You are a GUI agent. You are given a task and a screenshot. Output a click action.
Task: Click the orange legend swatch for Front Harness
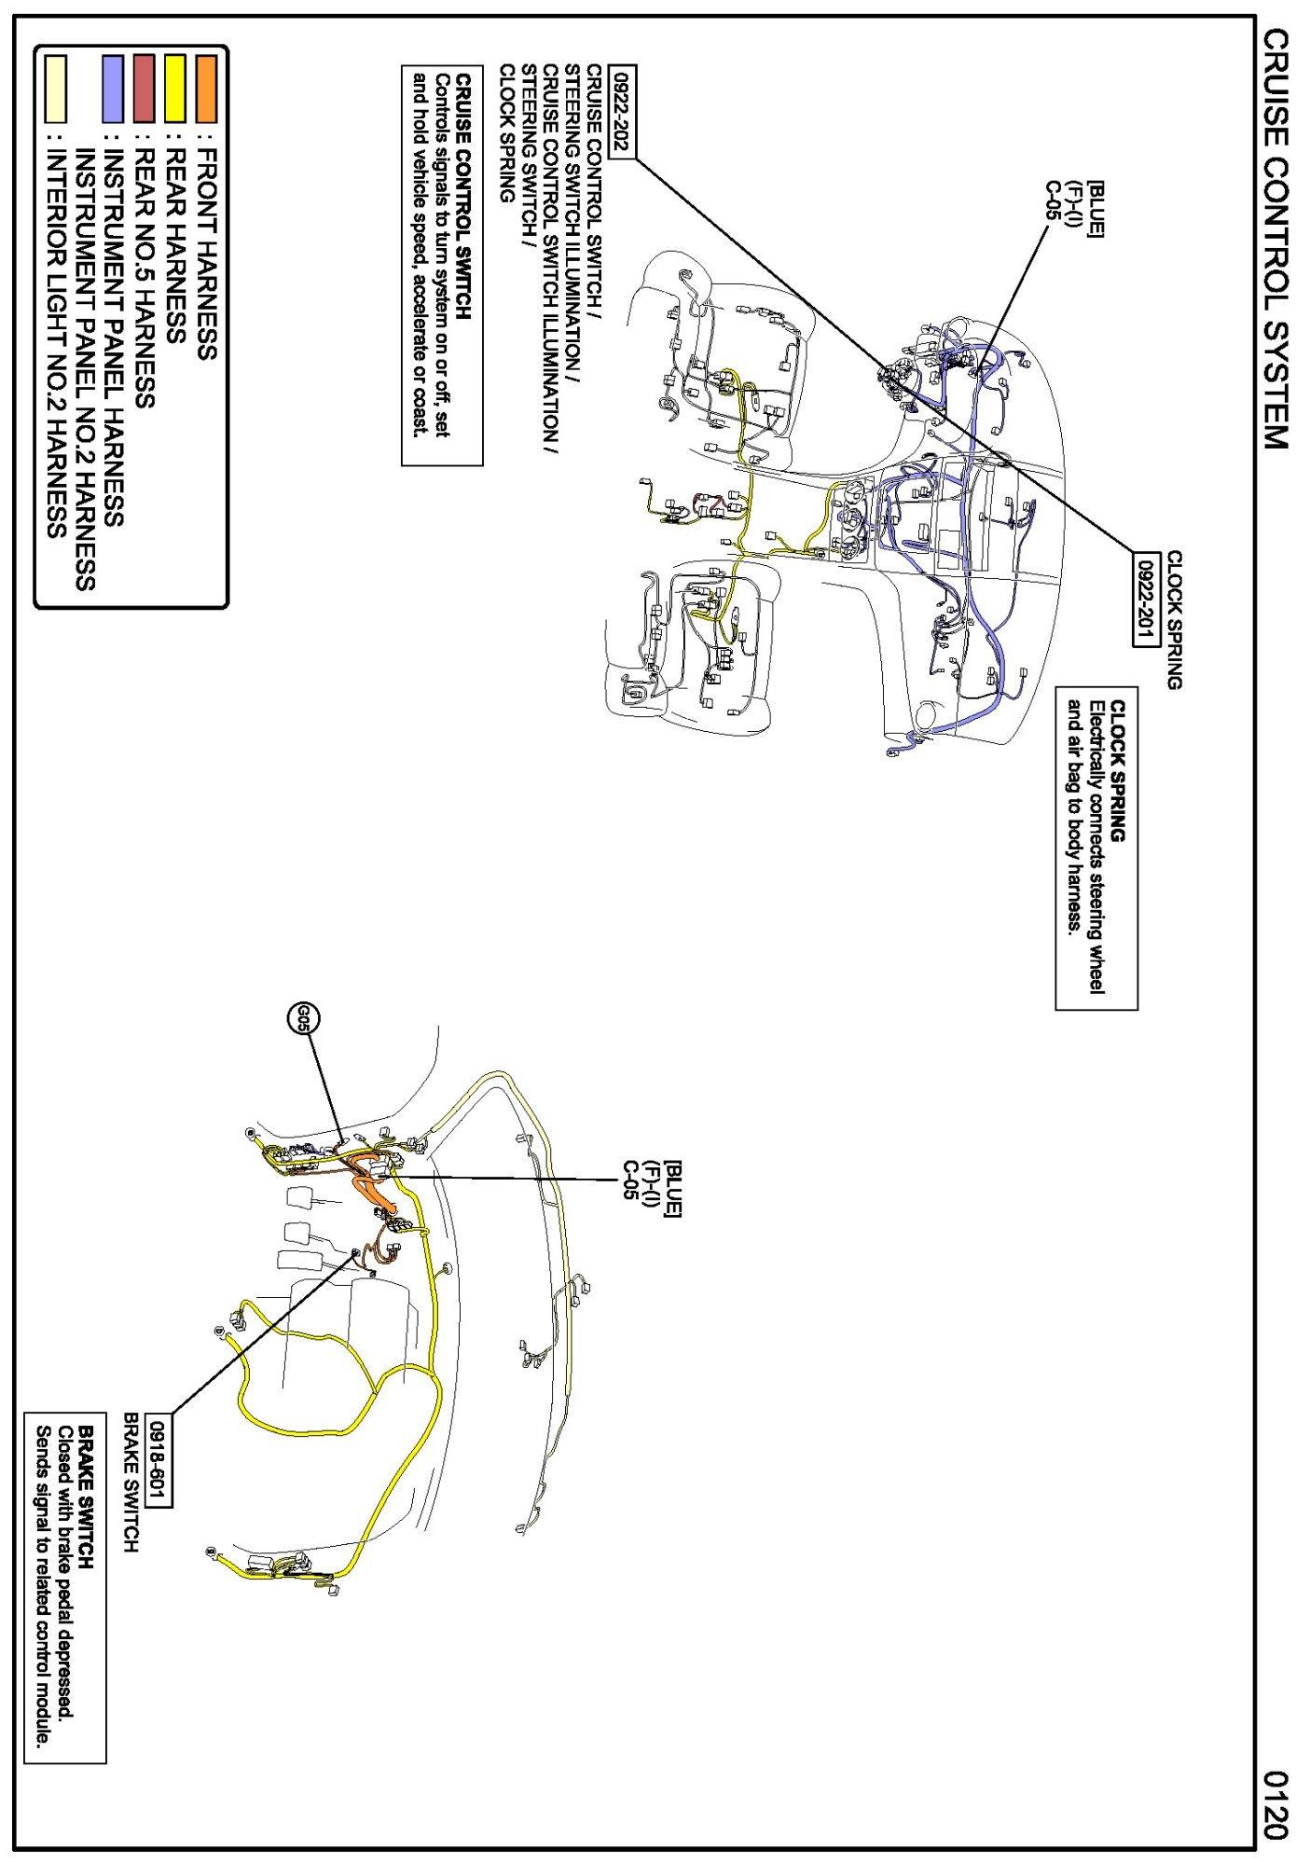(x=206, y=88)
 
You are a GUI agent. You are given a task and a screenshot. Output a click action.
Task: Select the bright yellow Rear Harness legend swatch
(x=174, y=88)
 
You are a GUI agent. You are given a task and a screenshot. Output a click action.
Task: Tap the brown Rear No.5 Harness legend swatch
(x=144, y=88)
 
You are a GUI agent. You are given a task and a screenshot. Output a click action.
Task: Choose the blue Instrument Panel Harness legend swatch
(x=113, y=88)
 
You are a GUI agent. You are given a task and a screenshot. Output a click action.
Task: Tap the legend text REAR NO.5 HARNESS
(x=144, y=279)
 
